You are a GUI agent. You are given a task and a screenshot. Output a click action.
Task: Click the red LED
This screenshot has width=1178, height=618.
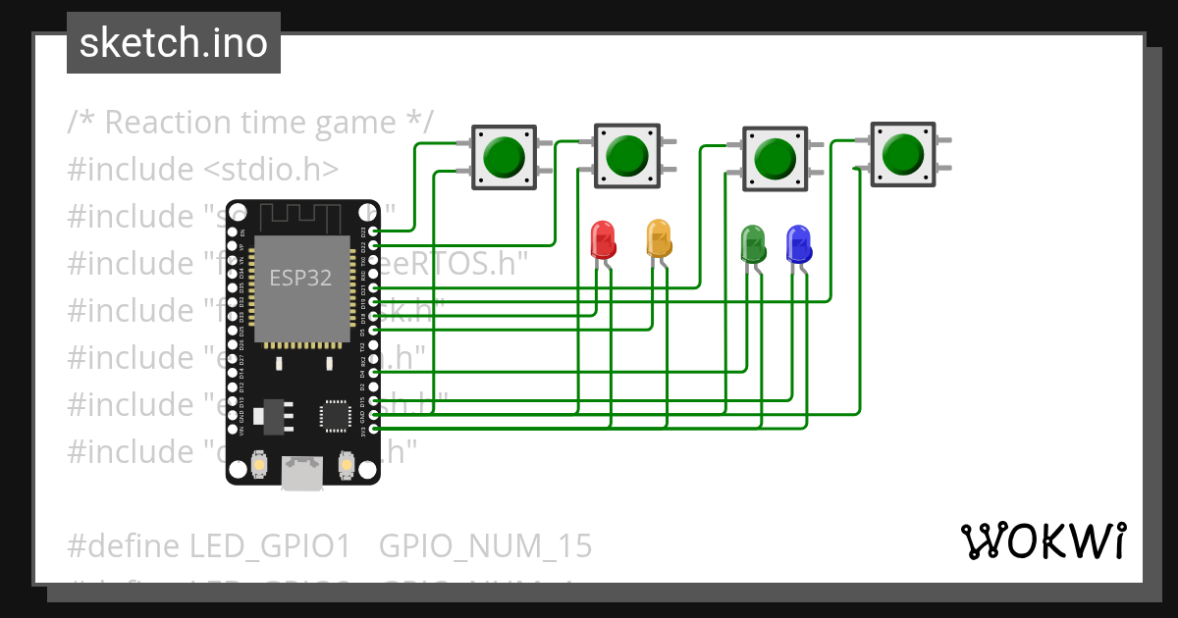602,238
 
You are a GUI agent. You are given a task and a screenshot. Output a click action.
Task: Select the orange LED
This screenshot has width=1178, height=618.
659,237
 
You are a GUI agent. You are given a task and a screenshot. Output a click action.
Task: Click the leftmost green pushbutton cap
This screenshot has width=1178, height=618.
504,156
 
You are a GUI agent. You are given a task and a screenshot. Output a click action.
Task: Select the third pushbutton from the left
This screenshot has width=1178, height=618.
775,157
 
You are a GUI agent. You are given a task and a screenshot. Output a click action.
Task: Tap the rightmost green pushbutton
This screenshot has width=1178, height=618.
902,153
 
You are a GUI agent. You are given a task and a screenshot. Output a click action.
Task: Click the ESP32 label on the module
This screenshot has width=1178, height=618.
300,278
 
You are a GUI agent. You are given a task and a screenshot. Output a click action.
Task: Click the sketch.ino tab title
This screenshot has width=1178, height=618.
173,43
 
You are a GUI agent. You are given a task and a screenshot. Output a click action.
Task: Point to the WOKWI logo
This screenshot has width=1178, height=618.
1043,541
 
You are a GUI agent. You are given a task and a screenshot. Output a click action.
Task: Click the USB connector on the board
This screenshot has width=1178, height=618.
302,474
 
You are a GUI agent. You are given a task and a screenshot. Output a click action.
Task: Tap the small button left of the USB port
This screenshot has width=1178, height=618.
259,463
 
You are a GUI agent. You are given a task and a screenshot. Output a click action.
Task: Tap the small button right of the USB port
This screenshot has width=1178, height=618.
345,463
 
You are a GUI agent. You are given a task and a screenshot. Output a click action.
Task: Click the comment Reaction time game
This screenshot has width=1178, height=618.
250,123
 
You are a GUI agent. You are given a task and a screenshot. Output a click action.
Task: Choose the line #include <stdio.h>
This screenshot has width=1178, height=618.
203,170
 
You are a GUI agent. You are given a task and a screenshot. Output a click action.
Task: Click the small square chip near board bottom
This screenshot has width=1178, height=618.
335,416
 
